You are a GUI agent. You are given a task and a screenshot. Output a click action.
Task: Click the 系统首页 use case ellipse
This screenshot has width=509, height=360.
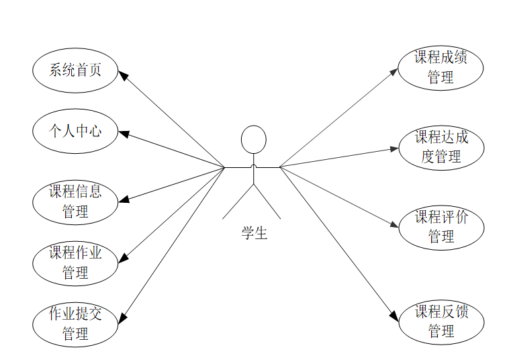pos(75,70)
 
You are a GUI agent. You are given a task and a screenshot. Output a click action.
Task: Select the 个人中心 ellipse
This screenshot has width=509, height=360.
pos(75,131)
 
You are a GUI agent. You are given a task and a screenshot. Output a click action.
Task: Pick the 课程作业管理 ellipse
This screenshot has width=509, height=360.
pos(75,263)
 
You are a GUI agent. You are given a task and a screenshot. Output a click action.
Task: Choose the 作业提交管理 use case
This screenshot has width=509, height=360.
pos(75,324)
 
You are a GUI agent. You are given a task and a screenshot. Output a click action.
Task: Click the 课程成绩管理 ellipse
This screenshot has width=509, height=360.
pos(441,68)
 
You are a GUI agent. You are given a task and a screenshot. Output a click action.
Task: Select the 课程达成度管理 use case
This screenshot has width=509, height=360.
pos(441,148)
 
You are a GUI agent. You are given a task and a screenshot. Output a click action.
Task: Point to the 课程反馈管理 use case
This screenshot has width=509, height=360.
pos(441,322)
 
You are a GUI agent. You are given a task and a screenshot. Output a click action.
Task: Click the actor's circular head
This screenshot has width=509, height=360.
pos(254,140)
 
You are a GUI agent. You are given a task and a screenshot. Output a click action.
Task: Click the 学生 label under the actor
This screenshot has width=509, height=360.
pos(254,234)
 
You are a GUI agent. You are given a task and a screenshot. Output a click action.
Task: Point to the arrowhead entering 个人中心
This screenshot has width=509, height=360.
pos(123,133)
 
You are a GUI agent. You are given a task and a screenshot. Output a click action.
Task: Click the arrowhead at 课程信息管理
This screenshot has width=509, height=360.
pos(123,200)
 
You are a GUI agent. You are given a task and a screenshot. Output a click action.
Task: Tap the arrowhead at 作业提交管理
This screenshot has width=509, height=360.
pos(123,318)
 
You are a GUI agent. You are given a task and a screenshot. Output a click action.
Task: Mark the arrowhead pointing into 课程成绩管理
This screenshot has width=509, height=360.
pos(395,70)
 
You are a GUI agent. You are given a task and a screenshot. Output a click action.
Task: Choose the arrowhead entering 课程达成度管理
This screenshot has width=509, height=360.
pos(395,148)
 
